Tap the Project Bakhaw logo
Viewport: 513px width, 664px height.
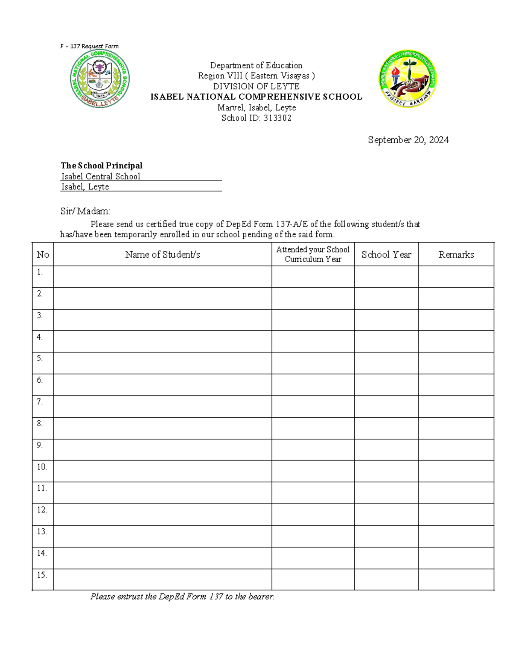coord(408,79)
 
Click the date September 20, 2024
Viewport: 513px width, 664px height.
coord(408,140)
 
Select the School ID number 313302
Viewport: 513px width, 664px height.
coord(277,118)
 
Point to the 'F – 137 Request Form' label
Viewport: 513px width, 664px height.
coord(89,46)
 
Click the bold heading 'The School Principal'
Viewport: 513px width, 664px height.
coord(101,165)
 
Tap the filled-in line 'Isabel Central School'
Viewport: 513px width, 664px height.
coord(101,176)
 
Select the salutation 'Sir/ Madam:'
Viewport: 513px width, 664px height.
coord(85,211)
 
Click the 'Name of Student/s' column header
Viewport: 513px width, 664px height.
coord(162,254)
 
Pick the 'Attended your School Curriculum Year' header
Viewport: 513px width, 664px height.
coord(313,254)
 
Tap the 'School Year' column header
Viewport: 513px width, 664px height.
coord(386,254)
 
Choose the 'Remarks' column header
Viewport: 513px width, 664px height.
coord(456,254)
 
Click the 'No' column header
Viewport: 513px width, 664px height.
coord(43,254)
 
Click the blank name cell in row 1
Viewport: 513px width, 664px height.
coord(162,277)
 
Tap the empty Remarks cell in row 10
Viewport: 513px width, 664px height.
coord(456,471)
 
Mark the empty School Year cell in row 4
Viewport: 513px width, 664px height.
coord(386,341)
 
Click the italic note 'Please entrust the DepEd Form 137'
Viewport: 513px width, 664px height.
coord(182,596)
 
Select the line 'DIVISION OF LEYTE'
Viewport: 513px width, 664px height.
coord(256,86)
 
